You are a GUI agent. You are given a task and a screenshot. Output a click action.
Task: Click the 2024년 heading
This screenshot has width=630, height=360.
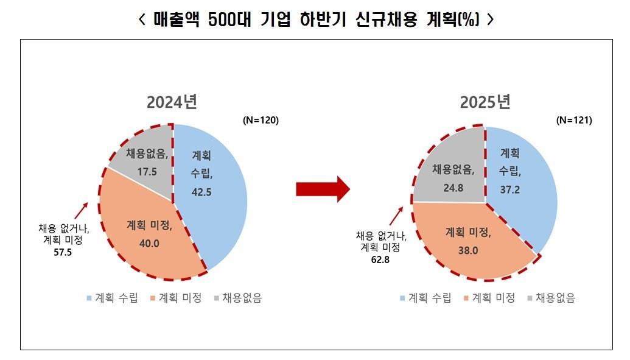tap(172, 102)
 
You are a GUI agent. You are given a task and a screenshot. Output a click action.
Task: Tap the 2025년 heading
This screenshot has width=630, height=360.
tap(485, 102)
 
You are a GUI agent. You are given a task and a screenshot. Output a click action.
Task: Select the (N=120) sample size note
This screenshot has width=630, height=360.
tap(261, 120)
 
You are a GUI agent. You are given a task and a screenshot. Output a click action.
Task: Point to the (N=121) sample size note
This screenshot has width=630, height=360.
tap(574, 120)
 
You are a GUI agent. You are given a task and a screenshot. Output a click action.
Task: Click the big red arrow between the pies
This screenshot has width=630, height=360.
tap(323, 189)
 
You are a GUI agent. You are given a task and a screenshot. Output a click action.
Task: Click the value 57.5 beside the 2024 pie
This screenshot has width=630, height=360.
tap(63, 252)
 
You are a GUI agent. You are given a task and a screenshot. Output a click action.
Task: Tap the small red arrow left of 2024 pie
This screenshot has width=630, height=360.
tap(80, 211)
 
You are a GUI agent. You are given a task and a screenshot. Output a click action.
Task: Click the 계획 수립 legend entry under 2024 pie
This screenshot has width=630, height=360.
tap(113, 298)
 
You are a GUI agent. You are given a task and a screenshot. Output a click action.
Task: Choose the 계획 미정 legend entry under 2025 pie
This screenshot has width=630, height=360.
tap(489, 298)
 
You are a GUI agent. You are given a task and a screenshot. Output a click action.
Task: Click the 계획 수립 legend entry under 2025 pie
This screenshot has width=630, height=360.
tap(425, 298)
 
